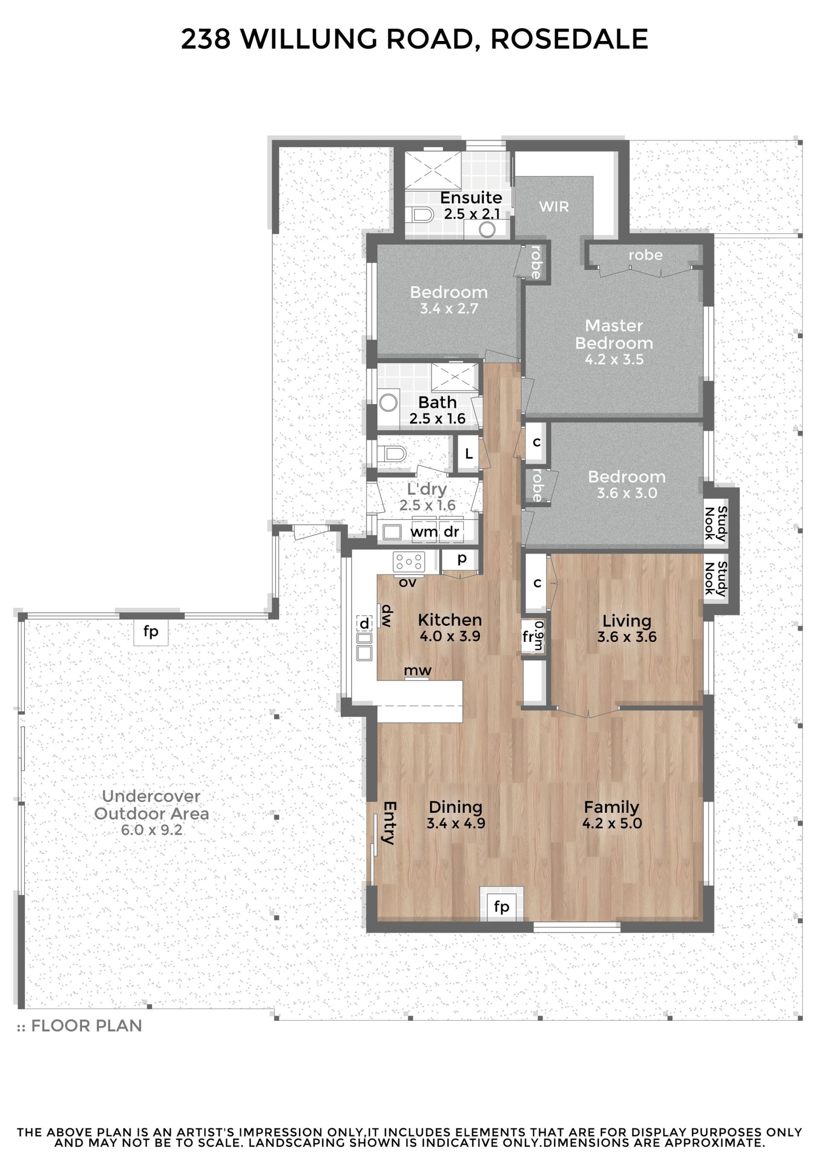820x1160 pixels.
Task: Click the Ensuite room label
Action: [471, 198]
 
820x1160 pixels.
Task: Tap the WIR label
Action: [554, 207]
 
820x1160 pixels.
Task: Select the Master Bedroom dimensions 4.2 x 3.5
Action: [614, 360]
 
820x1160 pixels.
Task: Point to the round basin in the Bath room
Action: [389, 403]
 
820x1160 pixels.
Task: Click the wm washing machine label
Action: [424, 532]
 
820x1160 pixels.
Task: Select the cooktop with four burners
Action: [409, 561]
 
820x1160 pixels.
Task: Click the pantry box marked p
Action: [461, 559]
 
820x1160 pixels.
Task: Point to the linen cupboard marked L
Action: [469, 454]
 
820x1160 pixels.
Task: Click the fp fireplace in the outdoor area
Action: [151, 632]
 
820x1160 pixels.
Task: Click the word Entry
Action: [389, 823]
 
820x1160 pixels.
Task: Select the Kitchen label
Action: [450, 620]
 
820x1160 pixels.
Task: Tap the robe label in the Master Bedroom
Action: [645, 255]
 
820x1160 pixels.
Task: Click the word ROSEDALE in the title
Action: [569, 39]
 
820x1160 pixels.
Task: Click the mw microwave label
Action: [418, 671]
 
